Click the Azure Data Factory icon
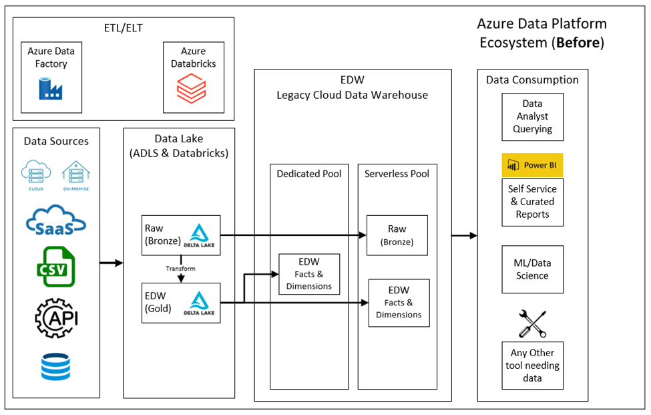(x=51, y=89)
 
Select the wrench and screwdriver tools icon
(x=532, y=324)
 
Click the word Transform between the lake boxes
(x=180, y=269)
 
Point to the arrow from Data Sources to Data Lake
(x=112, y=263)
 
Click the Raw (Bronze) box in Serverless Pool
(x=397, y=235)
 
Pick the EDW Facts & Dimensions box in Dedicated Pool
(x=308, y=273)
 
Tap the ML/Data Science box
(x=532, y=269)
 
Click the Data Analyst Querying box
(x=532, y=117)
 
